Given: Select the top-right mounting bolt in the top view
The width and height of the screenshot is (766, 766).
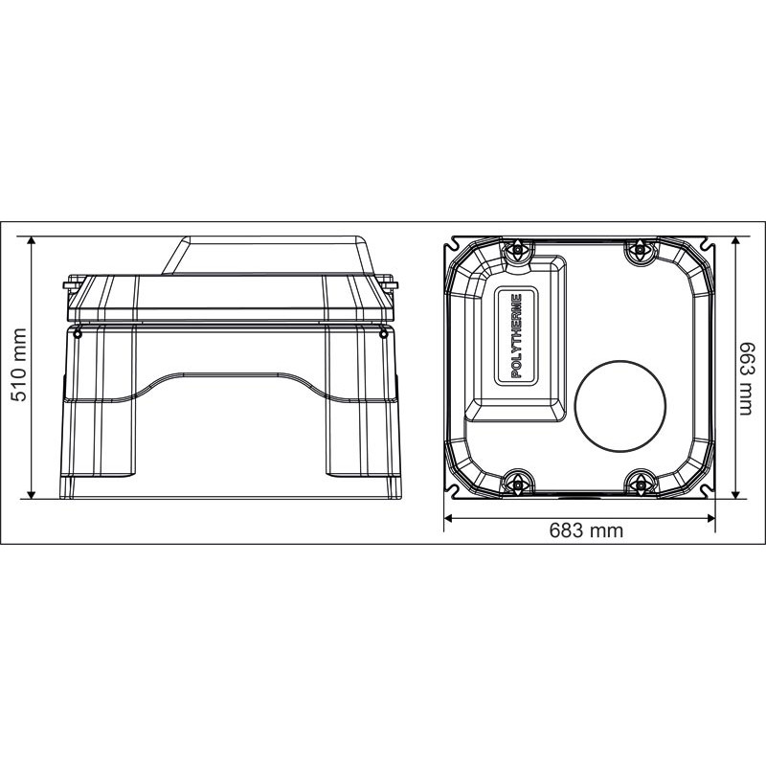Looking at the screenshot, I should [639, 251].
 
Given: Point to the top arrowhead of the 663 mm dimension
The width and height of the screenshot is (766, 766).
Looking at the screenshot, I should [735, 240].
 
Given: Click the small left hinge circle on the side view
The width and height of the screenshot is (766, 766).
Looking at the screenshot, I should [78, 332].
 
